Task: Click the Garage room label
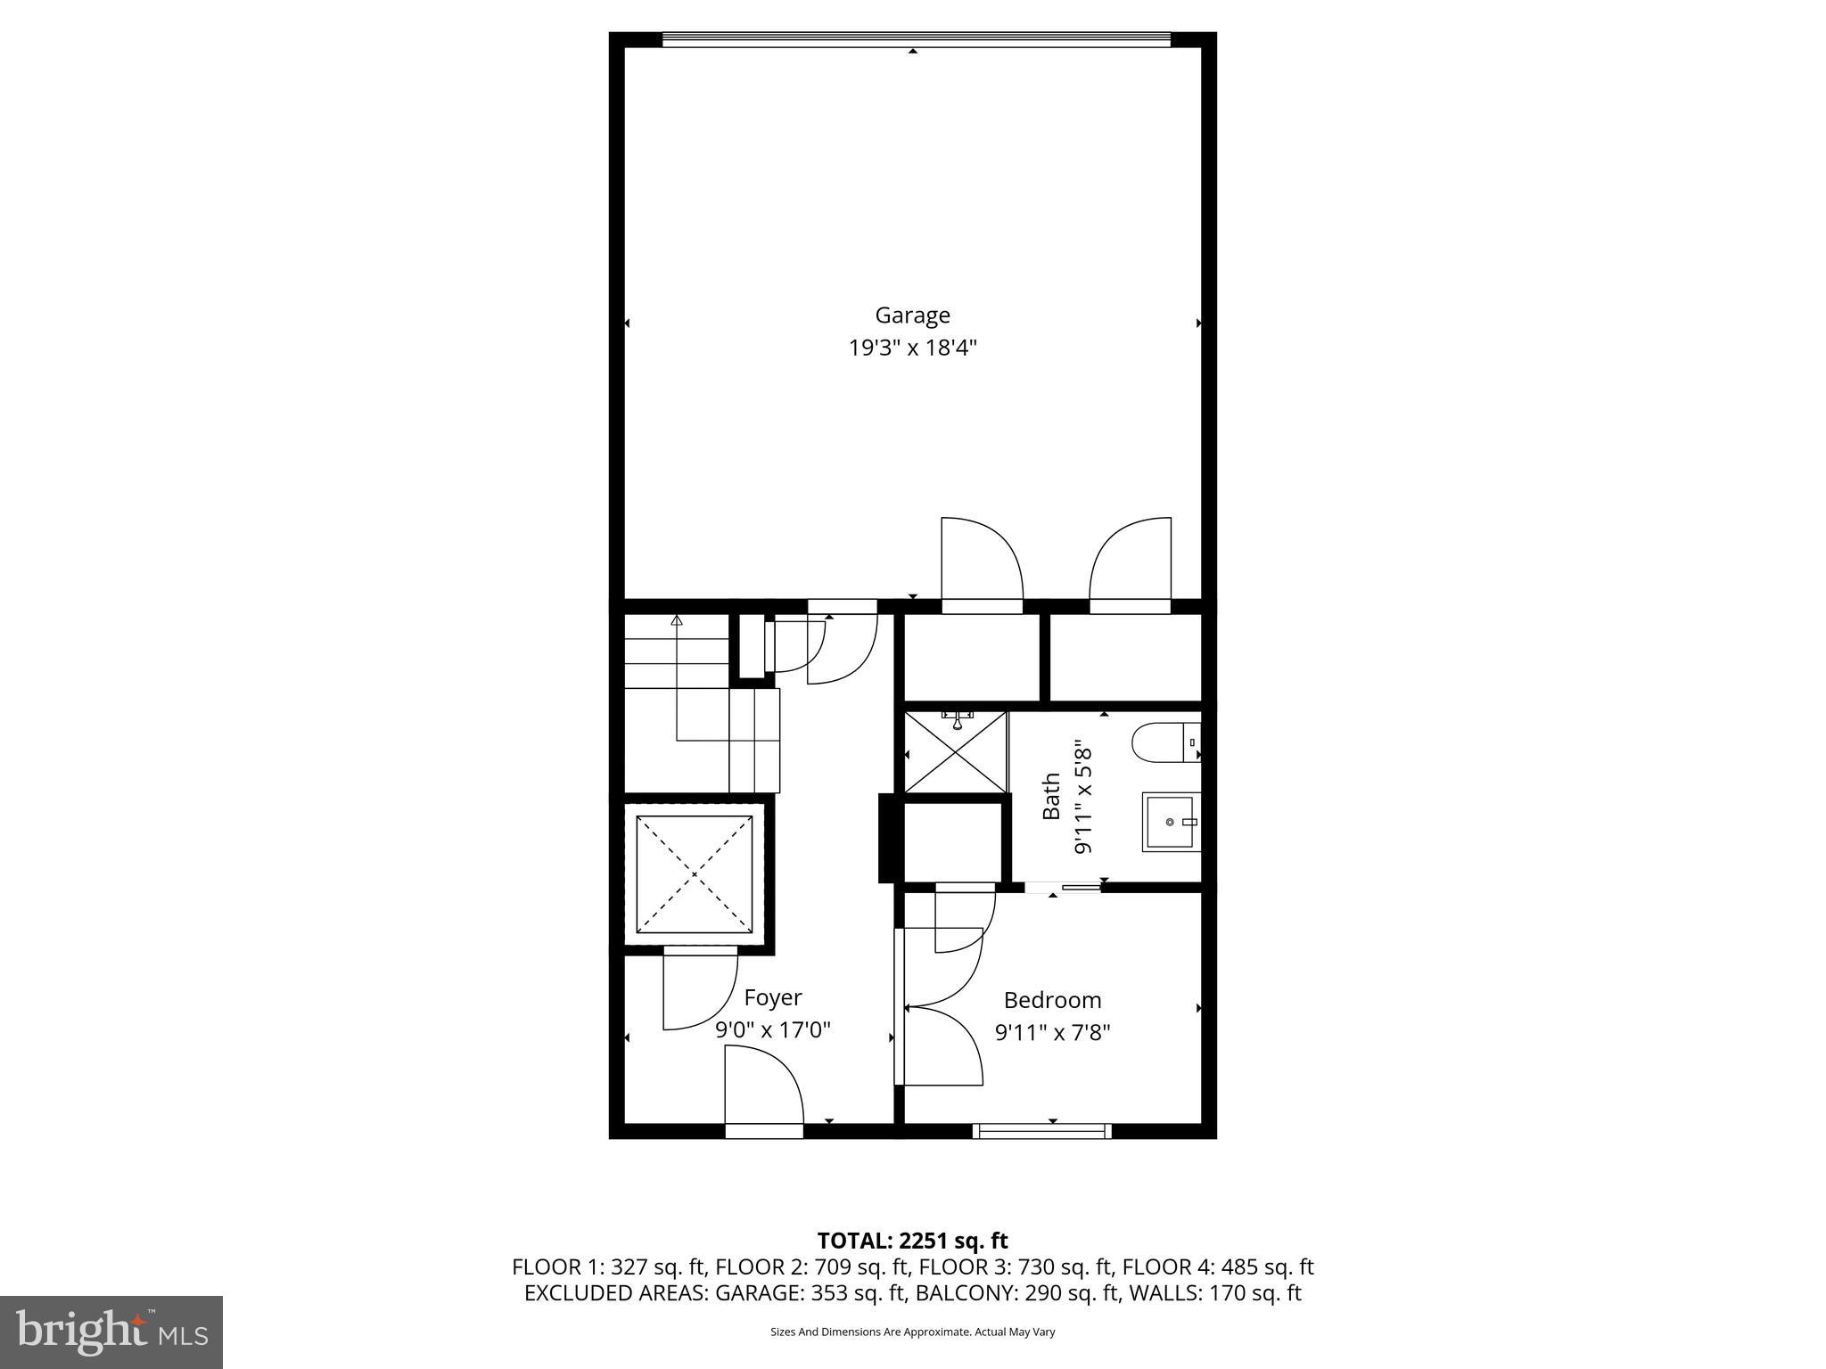click(x=912, y=316)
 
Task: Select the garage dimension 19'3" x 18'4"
click(x=912, y=348)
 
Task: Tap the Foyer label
click(x=773, y=997)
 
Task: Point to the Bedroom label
click(x=1052, y=1000)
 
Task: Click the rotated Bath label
click(x=1052, y=796)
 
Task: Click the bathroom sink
click(x=1171, y=822)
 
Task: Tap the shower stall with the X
click(x=956, y=751)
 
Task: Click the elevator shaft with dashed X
click(x=694, y=873)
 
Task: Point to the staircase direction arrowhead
click(x=677, y=619)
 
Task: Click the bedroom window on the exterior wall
click(x=1042, y=1131)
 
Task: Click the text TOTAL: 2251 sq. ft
click(x=912, y=1241)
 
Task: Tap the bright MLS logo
click(x=111, y=1332)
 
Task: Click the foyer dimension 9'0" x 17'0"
click(x=773, y=1030)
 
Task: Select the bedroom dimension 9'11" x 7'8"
click(x=1052, y=1033)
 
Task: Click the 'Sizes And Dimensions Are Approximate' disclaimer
click(x=912, y=1332)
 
